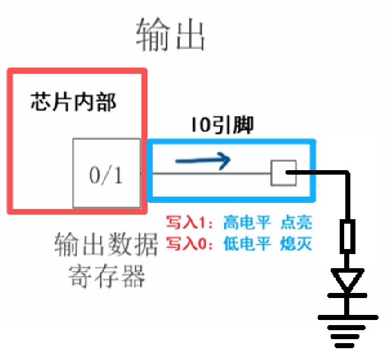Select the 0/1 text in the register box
106,176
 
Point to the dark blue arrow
203,162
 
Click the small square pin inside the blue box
283,173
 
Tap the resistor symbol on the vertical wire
348,237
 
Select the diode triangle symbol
347,281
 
